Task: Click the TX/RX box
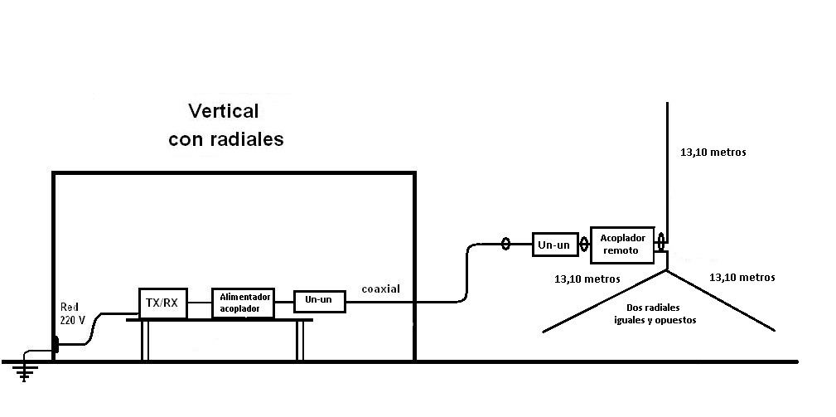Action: pyautogui.click(x=162, y=303)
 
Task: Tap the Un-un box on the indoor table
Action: pyautogui.click(x=319, y=300)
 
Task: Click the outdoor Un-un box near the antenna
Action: pyautogui.click(x=554, y=244)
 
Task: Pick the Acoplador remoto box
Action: pyautogui.click(x=622, y=242)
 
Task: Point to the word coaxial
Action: pyautogui.click(x=381, y=289)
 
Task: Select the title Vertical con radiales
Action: pyautogui.click(x=225, y=125)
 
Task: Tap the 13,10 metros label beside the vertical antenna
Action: pyautogui.click(x=713, y=152)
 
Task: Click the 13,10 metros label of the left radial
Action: pyautogui.click(x=587, y=279)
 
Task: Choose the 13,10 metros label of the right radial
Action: pyautogui.click(x=742, y=277)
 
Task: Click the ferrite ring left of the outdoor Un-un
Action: pyautogui.click(x=505, y=244)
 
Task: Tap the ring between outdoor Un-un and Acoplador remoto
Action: pyautogui.click(x=584, y=244)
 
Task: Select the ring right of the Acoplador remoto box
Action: pyautogui.click(x=660, y=242)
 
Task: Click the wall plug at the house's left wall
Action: pyautogui.click(x=56, y=343)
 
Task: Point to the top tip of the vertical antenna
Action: pyautogui.click(x=667, y=104)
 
